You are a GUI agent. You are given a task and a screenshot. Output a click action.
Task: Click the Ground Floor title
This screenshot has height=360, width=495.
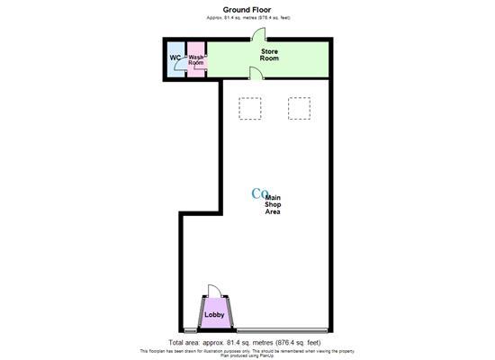[x=247, y=10]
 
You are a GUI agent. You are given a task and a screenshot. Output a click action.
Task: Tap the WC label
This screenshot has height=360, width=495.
[x=175, y=59]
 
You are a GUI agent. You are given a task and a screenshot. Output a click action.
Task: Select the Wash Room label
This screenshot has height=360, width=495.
[x=197, y=60]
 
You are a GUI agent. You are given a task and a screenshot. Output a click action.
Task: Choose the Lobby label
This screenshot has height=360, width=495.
[x=214, y=315]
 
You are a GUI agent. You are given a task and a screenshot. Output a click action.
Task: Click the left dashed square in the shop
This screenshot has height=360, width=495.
[x=249, y=109]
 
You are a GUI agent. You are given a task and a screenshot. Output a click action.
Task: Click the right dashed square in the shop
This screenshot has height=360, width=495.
[x=298, y=109]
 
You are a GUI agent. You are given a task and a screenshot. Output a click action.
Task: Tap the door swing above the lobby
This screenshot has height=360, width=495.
[x=213, y=292]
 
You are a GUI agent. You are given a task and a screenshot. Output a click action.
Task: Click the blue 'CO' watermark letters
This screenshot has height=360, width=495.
[x=259, y=193]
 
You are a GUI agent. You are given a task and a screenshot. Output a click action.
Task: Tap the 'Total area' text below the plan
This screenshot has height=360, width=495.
[x=247, y=343]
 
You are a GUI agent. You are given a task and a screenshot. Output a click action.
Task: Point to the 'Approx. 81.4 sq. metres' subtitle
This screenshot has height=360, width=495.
[x=247, y=18]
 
